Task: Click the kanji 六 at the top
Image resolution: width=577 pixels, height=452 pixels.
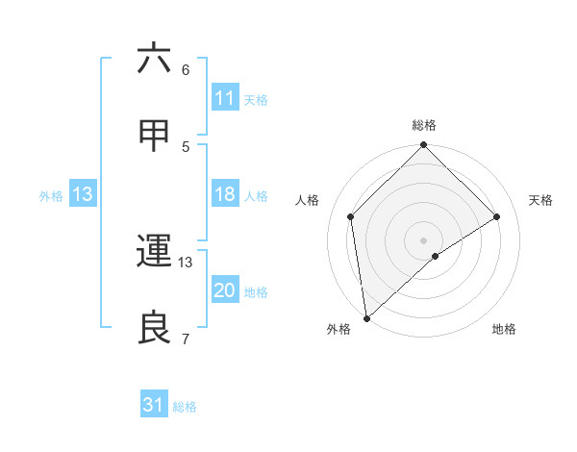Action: pos(155,60)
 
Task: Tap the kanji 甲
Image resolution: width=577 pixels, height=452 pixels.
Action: pos(155,137)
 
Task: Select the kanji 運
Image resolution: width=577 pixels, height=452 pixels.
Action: pos(155,252)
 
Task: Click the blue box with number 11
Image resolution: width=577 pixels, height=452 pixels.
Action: pos(224,98)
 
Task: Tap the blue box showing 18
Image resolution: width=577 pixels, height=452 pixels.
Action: pos(224,194)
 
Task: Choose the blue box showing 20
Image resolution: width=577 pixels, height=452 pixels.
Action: pos(224,290)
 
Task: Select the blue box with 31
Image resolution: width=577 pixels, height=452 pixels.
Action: pos(154,406)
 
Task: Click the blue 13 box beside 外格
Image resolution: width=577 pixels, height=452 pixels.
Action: pos(82,194)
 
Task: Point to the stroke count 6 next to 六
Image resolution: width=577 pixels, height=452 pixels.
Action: pos(186,69)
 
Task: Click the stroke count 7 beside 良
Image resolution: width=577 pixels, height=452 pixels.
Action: pos(186,339)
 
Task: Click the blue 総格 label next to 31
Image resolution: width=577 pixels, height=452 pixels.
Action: pos(185,407)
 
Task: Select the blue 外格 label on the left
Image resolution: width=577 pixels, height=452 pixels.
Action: pos(51,195)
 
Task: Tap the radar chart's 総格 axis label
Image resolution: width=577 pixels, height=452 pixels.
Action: pos(424,125)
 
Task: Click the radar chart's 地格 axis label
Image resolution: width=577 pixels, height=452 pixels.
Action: pos(504,329)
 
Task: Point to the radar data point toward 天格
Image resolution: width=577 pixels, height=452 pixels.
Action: pos(497,216)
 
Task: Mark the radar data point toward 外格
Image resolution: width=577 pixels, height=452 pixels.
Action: pos(366,318)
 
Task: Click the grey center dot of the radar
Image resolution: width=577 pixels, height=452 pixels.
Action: pos(424,239)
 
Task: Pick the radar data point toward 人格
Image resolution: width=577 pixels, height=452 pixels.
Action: pos(351,216)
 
